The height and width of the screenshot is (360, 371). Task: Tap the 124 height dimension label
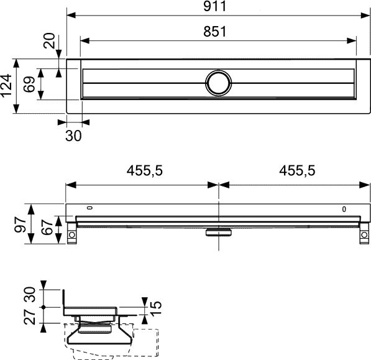(x=7, y=86)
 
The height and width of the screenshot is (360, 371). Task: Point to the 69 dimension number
(x=29, y=84)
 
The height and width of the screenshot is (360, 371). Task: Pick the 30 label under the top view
(x=73, y=136)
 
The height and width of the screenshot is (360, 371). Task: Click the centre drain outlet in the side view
(x=218, y=232)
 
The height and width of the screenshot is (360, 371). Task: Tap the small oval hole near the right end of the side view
(x=344, y=210)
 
